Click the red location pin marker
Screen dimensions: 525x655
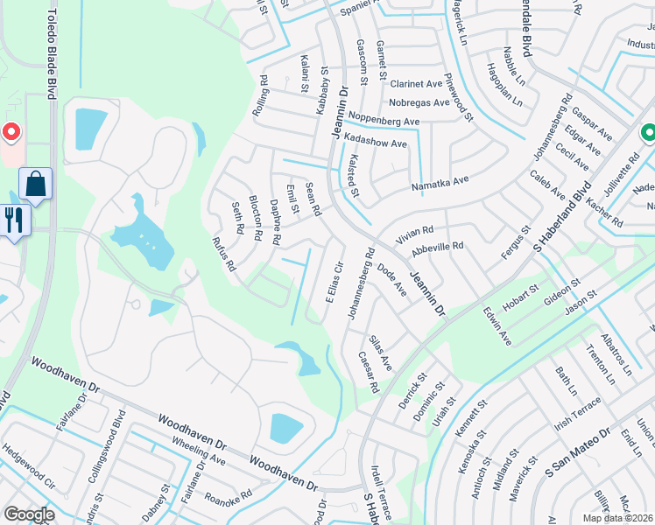click(x=11, y=133)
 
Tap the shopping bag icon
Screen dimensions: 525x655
click(x=35, y=184)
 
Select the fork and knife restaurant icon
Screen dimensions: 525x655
click(x=15, y=219)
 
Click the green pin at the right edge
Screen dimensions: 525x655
click(x=647, y=134)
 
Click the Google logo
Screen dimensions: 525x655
click(x=29, y=514)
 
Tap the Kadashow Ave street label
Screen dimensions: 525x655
click(x=375, y=143)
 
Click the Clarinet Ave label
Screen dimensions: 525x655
click(x=416, y=85)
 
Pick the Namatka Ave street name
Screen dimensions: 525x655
click(x=440, y=184)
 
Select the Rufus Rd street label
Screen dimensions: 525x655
click(x=225, y=253)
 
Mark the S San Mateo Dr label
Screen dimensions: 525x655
click(x=577, y=454)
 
